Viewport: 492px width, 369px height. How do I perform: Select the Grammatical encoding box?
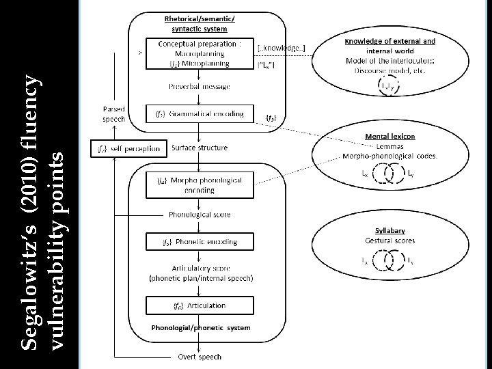click(200, 113)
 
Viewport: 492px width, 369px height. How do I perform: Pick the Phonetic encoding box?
click(200, 242)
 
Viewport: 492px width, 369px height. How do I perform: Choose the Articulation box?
click(200, 305)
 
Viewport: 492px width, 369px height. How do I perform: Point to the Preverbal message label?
click(200, 87)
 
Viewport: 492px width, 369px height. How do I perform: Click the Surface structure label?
click(200, 148)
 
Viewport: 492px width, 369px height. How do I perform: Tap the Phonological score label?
click(200, 215)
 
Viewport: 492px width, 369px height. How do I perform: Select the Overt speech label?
click(200, 357)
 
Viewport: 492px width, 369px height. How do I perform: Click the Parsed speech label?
click(114, 113)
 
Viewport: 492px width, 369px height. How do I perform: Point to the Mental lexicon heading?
click(390, 136)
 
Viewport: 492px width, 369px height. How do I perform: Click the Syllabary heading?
click(390, 230)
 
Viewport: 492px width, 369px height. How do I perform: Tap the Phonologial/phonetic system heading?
click(200, 327)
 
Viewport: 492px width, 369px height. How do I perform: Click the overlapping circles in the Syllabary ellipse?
click(390, 260)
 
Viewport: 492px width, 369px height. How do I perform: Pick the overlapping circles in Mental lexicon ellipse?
click(386, 174)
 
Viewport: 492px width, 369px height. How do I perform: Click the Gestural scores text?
click(390, 241)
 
